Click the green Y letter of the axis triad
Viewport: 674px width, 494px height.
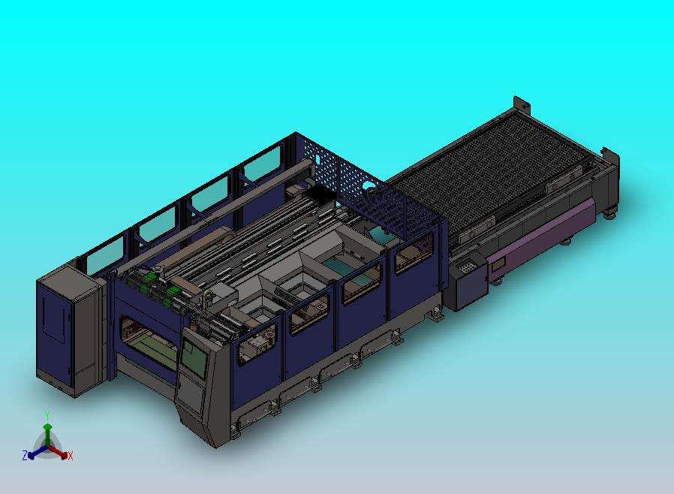pyautogui.click(x=47, y=415)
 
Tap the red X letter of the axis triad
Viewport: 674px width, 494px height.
pyautogui.click(x=71, y=456)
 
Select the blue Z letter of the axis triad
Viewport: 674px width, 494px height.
pyautogui.click(x=25, y=455)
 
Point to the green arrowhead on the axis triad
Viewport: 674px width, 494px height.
pyautogui.click(x=48, y=427)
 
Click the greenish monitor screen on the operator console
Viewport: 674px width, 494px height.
pyautogui.click(x=194, y=357)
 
